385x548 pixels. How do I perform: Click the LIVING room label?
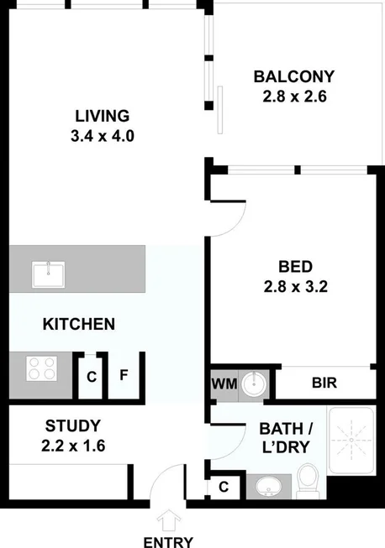[x=102, y=116]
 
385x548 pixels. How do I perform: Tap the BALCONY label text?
[x=294, y=77]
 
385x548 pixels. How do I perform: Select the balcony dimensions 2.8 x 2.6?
[x=294, y=97]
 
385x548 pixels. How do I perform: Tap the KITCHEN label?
[x=79, y=324]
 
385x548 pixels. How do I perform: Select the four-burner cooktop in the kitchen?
[x=42, y=368]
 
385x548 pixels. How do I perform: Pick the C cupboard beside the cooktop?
[x=91, y=376]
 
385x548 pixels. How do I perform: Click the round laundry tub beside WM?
[x=253, y=384]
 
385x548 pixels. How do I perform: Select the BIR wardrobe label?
[x=324, y=384]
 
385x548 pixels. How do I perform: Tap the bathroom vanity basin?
[x=269, y=486]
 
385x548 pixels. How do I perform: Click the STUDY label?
[x=73, y=425]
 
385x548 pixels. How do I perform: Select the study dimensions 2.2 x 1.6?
[x=73, y=445]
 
